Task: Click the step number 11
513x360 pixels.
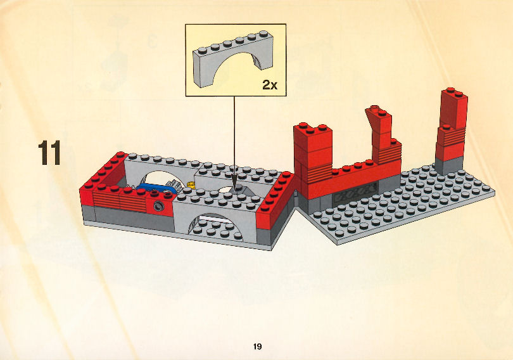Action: [49, 153]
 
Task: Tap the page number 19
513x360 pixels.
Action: [257, 346]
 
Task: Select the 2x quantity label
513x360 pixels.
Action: [270, 85]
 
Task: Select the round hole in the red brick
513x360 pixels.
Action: [159, 206]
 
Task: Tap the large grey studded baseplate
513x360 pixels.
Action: [399, 206]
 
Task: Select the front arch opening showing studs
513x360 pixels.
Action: [215, 226]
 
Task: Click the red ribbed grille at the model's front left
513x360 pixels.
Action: [120, 200]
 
